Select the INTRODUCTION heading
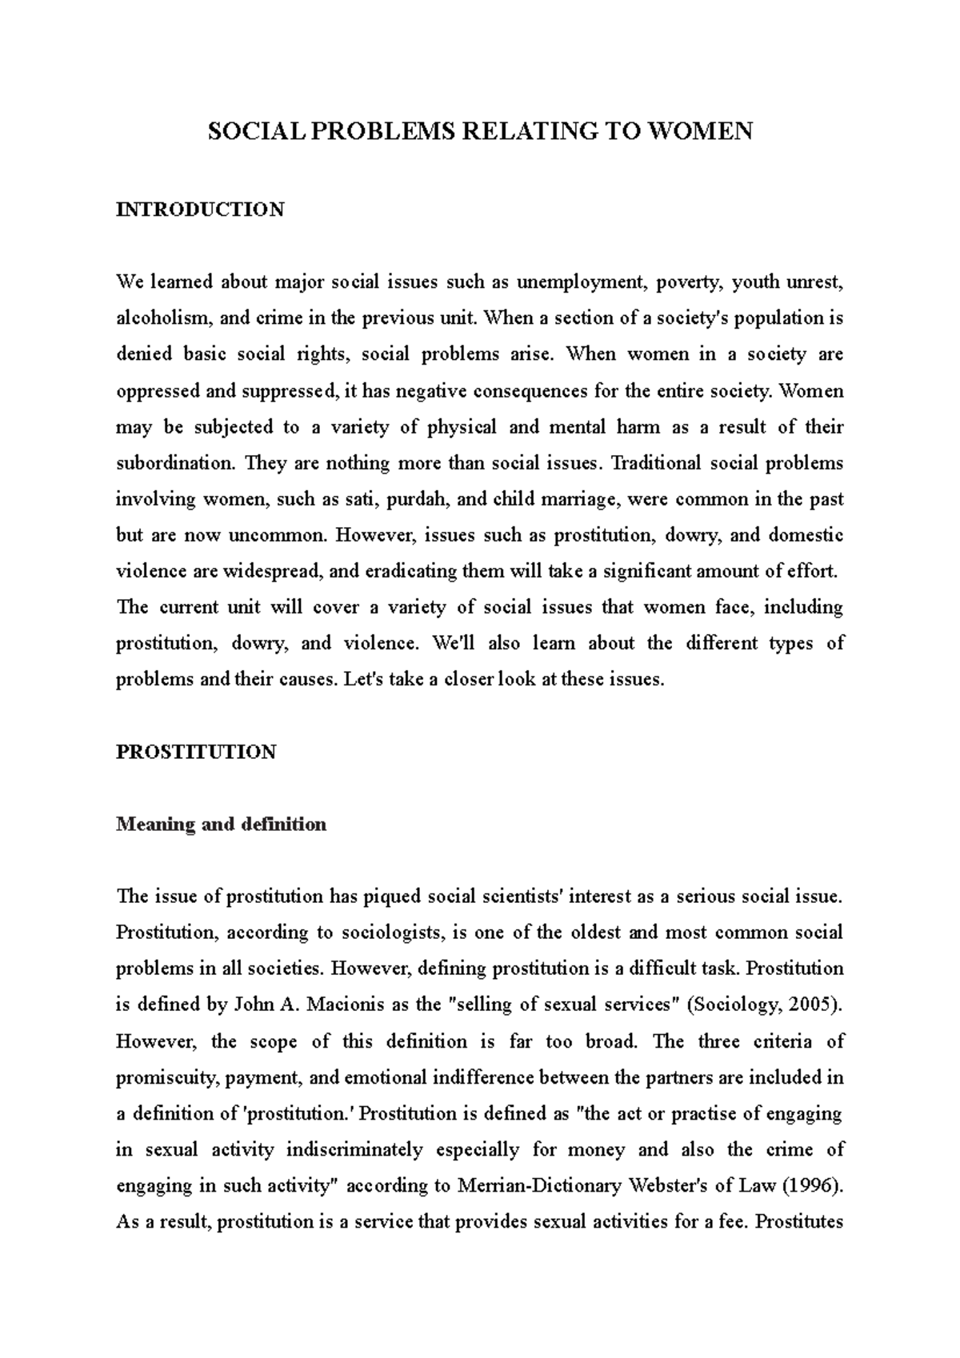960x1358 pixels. click(200, 210)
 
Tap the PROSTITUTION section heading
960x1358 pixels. click(196, 752)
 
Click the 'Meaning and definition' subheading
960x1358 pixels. click(222, 825)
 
